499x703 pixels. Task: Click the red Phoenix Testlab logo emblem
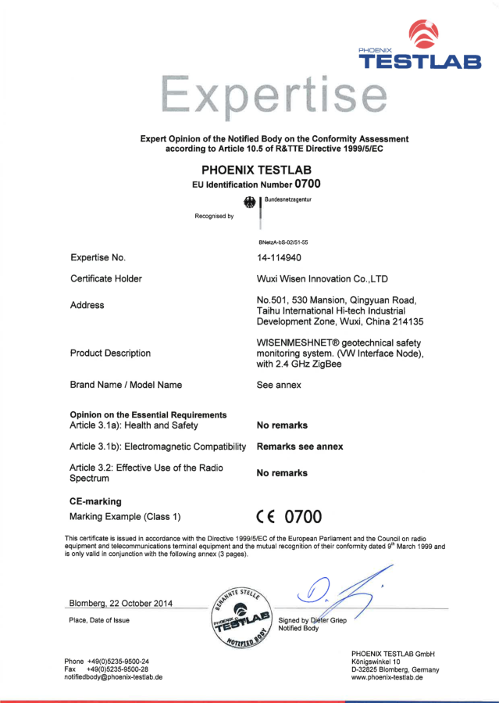[x=429, y=34]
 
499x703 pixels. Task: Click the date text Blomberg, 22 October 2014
[x=122, y=604]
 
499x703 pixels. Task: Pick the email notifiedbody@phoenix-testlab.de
[x=113, y=677]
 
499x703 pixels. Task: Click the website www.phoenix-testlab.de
[x=387, y=678]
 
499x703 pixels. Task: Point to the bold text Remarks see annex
[x=300, y=447]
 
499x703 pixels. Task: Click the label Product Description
[x=110, y=353]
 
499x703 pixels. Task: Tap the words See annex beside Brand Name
[x=279, y=385]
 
